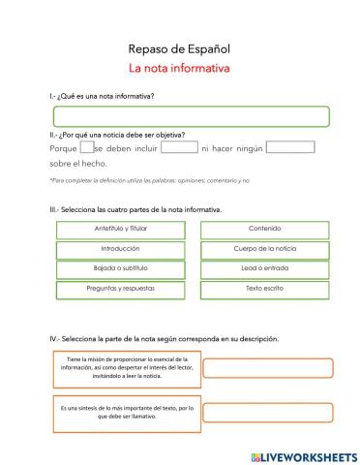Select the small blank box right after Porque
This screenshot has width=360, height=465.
(x=86, y=148)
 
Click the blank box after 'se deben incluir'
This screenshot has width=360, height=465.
(x=179, y=148)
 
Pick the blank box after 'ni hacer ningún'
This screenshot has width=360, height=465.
(x=289, y=148)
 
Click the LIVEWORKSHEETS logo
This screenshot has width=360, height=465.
(x=303, y=455)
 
